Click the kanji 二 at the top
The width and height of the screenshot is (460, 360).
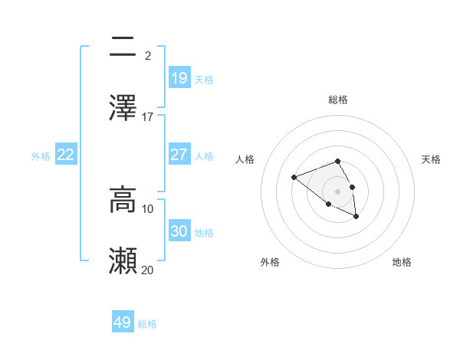[123, 48]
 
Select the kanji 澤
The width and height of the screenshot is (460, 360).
[123, 108]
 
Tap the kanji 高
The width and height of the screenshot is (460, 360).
[123, 199]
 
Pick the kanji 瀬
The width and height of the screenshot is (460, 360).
[123, 260]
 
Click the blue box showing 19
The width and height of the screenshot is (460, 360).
[179, 77]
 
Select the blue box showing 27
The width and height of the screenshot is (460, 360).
[179, 155]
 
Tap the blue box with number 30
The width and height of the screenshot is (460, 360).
[179, 231]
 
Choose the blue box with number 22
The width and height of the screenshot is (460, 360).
[66, 155]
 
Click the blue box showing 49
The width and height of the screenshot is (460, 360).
[123, 322]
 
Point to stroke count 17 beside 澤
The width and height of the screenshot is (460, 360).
[148, 116]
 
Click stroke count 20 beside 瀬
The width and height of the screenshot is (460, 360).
[148, 270]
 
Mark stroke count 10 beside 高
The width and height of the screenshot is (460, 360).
[148, 208]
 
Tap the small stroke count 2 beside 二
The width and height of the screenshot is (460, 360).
[147, 55]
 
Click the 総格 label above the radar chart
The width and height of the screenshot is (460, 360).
[338, 100]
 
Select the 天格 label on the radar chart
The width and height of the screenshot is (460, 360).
[432, 159]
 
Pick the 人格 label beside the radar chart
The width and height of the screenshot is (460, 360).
[245, 159]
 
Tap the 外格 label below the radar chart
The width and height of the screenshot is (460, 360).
[270, 263]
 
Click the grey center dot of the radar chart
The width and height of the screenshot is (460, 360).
[338, 191]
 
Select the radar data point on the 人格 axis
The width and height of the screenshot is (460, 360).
[294, 178]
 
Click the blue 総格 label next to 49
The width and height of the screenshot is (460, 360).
[148, 324]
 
